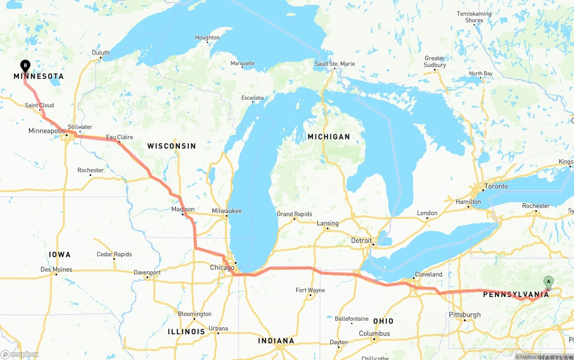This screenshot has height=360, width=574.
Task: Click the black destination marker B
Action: coord(26,66)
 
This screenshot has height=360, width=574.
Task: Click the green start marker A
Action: coord(548,282)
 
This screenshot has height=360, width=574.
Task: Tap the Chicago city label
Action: coord(222,268)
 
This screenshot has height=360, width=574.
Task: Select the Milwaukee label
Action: coord(227,211)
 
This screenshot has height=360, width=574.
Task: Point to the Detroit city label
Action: coord(361,240)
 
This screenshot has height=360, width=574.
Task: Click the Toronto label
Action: coord(496,186)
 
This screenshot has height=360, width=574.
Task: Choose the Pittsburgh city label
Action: coord(465,315)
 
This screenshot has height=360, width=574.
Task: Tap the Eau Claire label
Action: coord(119,137)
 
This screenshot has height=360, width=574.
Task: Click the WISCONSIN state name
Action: coord(171,146)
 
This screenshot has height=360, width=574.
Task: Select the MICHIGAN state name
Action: coord(329,137)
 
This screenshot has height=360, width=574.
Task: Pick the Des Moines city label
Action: coord(56,269)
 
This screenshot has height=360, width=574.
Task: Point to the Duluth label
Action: coord(100,52)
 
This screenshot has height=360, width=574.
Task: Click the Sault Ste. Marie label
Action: coord(335,64)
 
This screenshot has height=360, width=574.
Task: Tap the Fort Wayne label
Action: coord(310,290)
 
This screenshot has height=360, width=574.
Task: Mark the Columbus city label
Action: coord(374,333)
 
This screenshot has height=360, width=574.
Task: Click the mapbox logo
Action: coord(20,355)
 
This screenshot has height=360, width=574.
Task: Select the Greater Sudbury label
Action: coord(435,61)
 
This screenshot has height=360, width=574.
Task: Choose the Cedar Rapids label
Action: coord(114,254)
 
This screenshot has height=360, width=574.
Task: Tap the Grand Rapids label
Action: coord(294,214)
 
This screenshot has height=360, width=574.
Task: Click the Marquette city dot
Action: coord(243,68)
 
